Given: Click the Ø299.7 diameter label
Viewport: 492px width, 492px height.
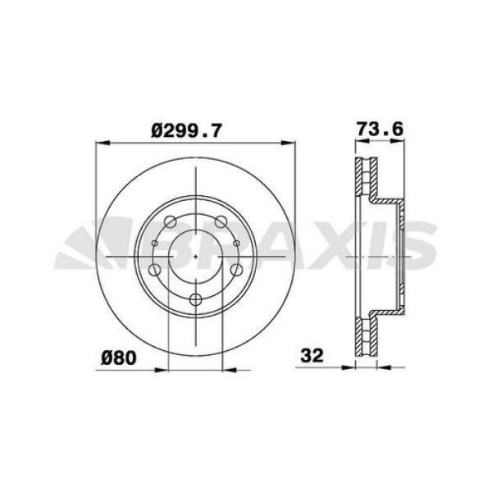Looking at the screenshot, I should (x=189, y=128).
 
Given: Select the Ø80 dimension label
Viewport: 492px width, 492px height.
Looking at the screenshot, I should (x=118, y=358).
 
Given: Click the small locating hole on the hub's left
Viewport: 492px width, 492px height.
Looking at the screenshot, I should (x=155, y=243).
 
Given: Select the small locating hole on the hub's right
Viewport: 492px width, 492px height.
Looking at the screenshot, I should (x=235, y=243).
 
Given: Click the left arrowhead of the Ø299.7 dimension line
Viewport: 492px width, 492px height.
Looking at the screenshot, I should (x=100, y=144).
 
